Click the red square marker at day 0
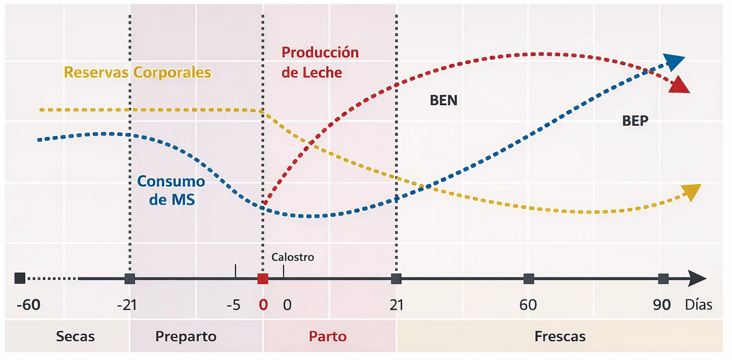click(x=263, y=279)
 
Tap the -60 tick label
click(x=28, y=305)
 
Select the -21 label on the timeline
click(x=127, y=305)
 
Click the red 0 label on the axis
click(x=263, y=305)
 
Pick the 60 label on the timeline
click(x=528, y=305)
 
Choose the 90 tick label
click(x=662, y=305)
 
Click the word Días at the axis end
click(x=699, y=305)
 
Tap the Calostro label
click(x=293, y=257)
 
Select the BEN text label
click(x=444, y=100)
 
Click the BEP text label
click(x=635, y=121)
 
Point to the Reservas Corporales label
click(x=138, y=72)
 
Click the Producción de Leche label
click(x=319, y=63)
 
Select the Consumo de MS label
click(x=171, y=190)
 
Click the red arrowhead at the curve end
click(x=680, y=85)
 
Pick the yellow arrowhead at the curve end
click(x=691, y=191)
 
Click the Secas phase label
click(x=75, y=336)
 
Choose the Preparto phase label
click(x=186, y=336)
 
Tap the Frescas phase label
click(x=560, y=336)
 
